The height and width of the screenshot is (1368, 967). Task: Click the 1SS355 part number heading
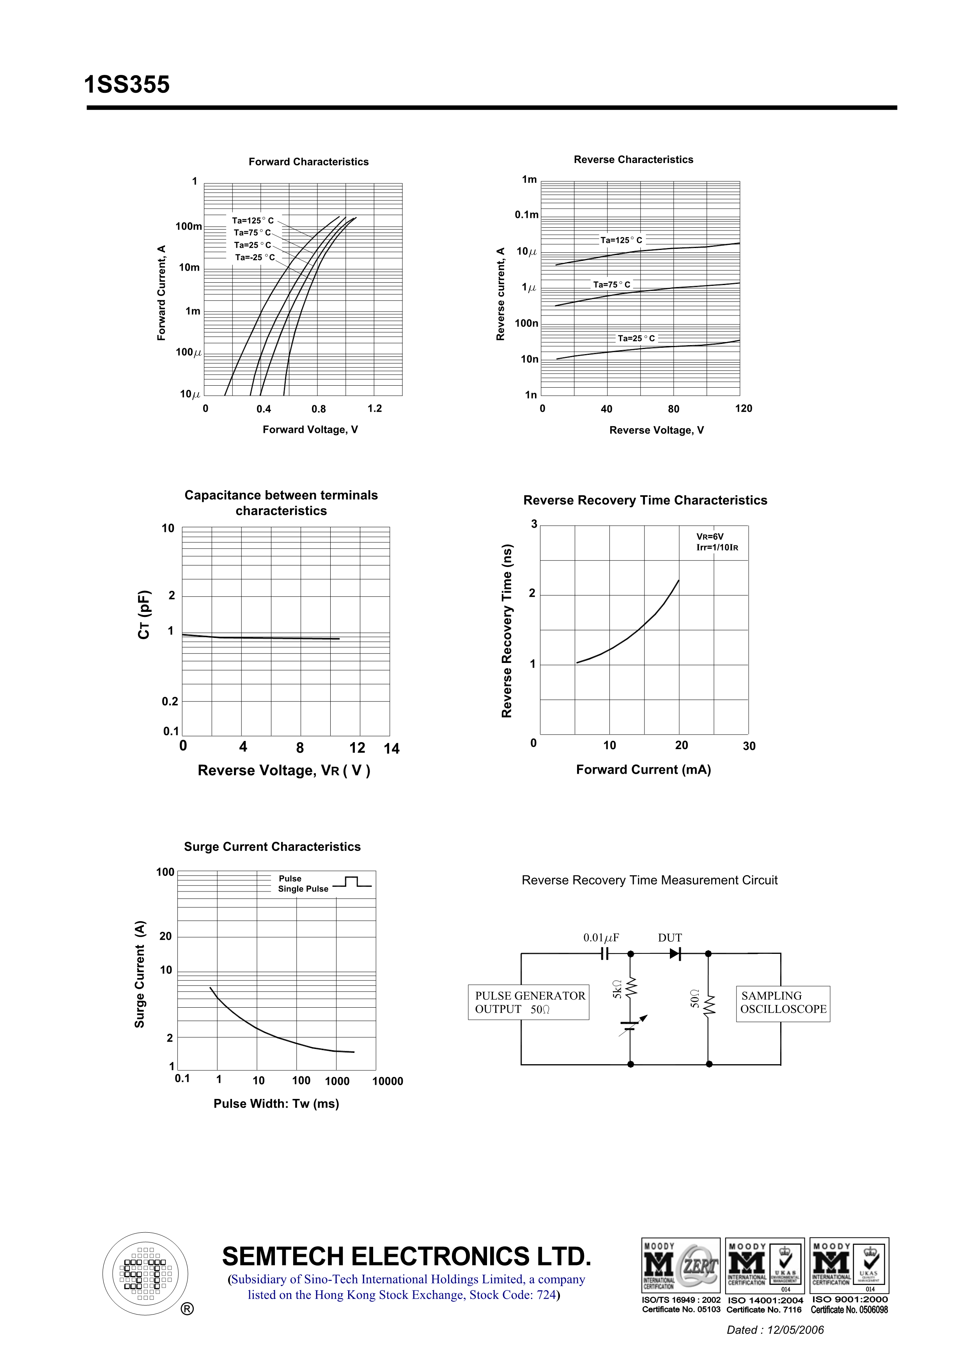point(127,85)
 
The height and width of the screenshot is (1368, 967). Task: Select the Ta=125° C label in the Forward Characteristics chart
point(253,220)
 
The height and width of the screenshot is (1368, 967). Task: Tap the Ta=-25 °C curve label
point(255,257)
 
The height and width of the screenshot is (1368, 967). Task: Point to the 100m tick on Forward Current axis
point(188,227)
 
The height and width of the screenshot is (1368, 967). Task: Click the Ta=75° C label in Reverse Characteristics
point(611,284)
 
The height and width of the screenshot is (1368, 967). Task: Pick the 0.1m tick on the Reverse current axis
point(527,214)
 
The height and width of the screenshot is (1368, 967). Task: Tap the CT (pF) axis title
point(144,615)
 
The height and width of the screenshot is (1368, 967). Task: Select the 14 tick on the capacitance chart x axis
point(391,749)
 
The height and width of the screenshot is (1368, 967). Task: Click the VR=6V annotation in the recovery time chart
point(710,537)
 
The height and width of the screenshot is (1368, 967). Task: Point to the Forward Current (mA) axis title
point(643,770)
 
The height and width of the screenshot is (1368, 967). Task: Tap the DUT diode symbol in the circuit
point(675,954)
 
